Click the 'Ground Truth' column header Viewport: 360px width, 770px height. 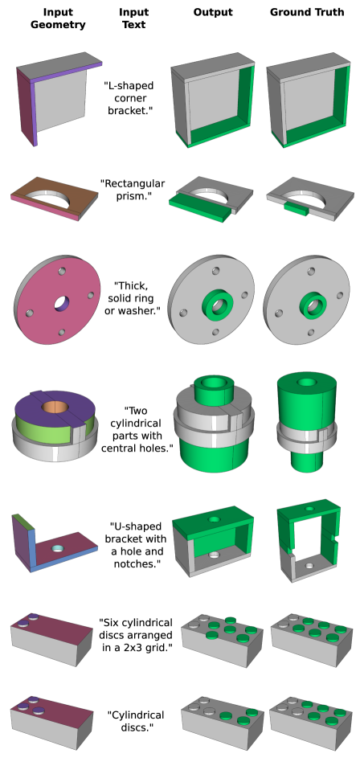(x=307, y=12)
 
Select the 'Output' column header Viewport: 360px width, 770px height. (x=212, y=12)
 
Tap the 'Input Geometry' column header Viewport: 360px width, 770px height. (x=58, y=18)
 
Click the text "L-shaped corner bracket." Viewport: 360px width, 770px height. (x=129, y=98)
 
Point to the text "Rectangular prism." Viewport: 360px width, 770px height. (x=133, y=190)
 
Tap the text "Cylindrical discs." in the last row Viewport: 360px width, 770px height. (x=136, y=720)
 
